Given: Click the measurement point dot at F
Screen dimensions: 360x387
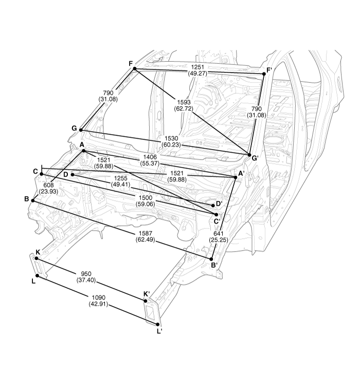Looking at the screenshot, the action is tap(135, 68).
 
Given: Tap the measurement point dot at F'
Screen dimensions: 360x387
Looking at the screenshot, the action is tap(264, 74).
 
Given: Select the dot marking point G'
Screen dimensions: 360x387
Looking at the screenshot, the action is tap(249, 155).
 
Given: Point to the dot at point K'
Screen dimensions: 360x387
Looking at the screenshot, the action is tap(146, 301).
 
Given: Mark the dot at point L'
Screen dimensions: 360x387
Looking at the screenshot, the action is tap(158, 325).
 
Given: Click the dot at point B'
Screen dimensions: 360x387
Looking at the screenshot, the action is tap(211, 259).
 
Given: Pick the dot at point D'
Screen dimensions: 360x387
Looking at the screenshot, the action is tap(213, 205).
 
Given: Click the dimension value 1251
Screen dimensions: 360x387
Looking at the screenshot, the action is tap(197, 67).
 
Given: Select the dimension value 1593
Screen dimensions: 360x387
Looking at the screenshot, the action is tap(184, 102).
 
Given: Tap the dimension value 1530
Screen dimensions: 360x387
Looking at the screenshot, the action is tap(171, 138).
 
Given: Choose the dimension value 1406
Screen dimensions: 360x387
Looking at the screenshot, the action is tap(150, 157).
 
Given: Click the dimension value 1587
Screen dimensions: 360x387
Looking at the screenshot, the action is tap(145, 233).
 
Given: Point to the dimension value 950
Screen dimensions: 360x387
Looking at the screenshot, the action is tap(86, 274).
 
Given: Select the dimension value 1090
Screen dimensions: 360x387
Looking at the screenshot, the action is tap(98, 297).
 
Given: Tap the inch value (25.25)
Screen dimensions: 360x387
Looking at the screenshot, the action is tap(219, 240).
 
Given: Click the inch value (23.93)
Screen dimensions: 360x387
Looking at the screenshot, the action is tap(48, 191).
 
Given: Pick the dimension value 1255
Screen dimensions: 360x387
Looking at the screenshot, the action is tap(120, 178).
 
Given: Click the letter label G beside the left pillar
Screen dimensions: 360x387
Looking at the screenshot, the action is tap(74, 128).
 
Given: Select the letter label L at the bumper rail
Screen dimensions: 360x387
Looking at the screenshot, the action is tap(34, 281).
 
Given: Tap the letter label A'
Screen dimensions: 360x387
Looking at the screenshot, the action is tap(241, 174).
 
